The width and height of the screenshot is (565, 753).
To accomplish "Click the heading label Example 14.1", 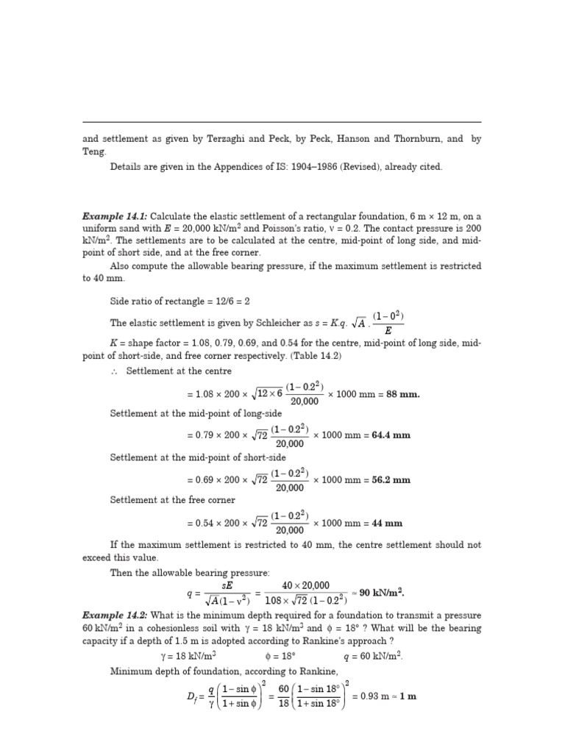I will coord(115,217).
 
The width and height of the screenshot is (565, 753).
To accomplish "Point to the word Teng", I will coord(94,152).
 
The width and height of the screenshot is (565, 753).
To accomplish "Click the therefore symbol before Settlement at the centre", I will coord(115,371).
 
